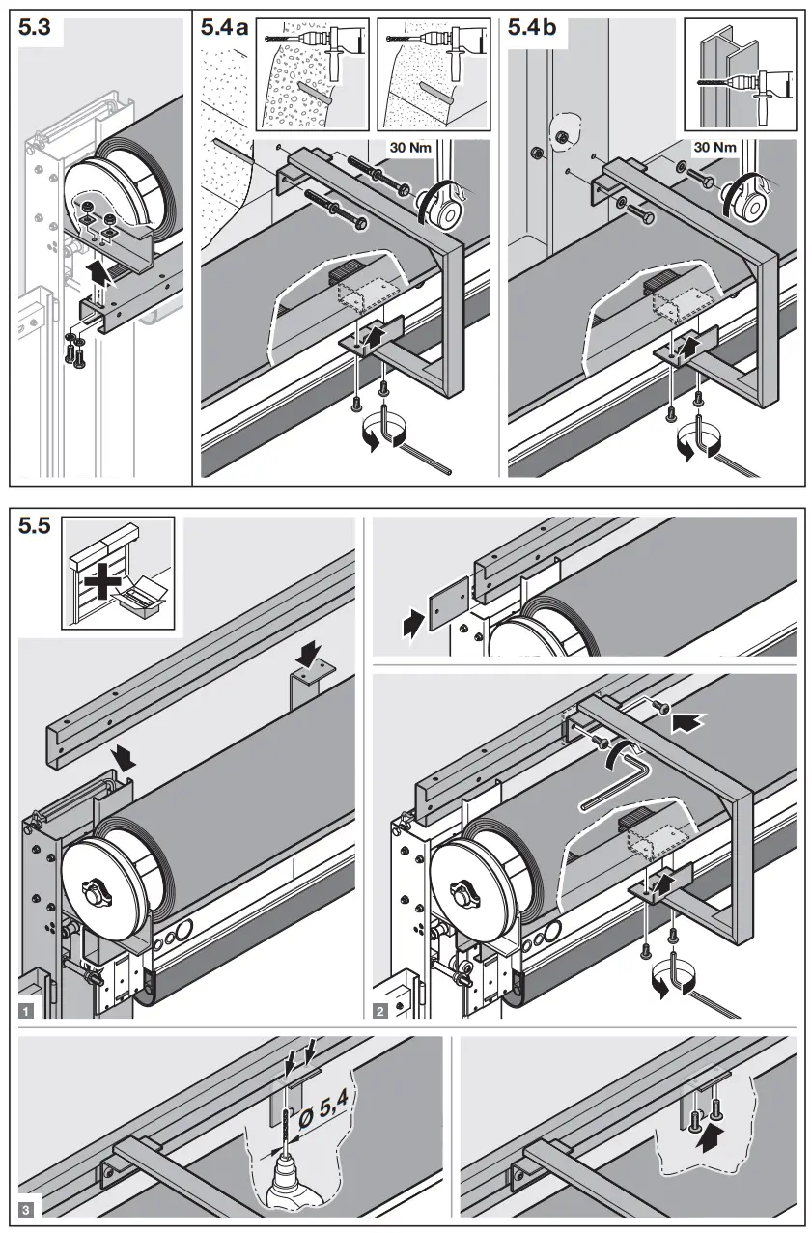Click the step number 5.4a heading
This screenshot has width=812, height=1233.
[x=224, y=29]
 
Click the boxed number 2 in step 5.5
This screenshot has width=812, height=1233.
[x=380, y=1012]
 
